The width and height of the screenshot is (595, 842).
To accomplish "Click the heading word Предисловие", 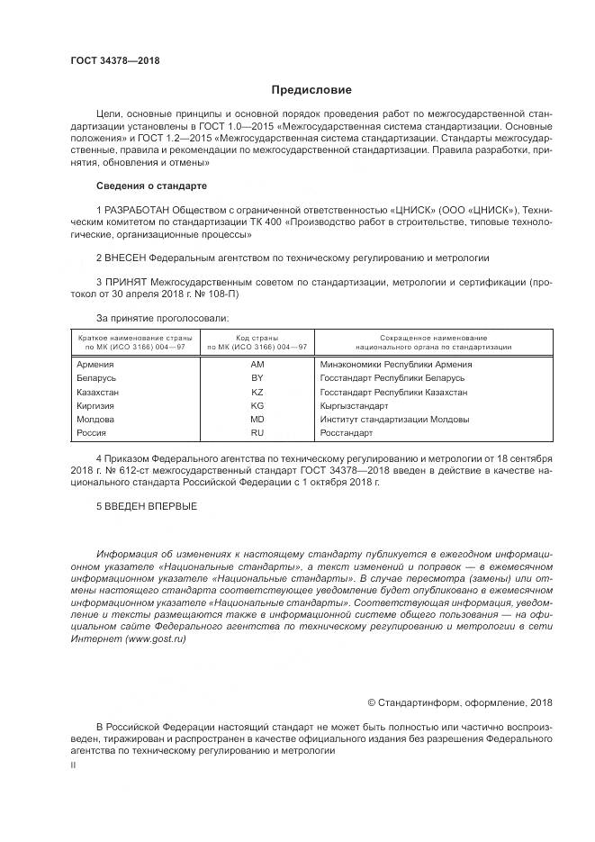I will [311, 90].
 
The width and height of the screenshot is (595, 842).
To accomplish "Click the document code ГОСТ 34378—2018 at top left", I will [115, 62].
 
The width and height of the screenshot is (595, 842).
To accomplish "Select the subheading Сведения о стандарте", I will [151, 186].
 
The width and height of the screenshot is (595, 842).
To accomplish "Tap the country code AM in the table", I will [257, 365].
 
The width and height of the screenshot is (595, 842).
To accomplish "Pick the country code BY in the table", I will [257, 379].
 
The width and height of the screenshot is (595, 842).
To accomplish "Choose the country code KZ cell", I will [257, 393].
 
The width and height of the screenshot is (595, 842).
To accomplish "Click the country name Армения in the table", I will [96, 365].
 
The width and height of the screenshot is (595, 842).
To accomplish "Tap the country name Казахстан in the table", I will [99, 393].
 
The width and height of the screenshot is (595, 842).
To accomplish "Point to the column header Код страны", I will [257, 337].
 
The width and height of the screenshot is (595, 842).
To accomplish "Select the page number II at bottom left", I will [74, 765].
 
